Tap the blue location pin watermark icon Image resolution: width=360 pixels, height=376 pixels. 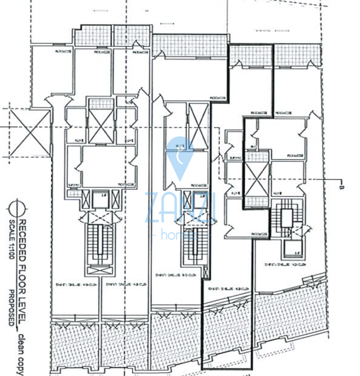180,157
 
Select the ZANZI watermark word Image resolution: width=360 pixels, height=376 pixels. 180,207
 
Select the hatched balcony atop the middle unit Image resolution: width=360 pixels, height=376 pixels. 190,45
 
